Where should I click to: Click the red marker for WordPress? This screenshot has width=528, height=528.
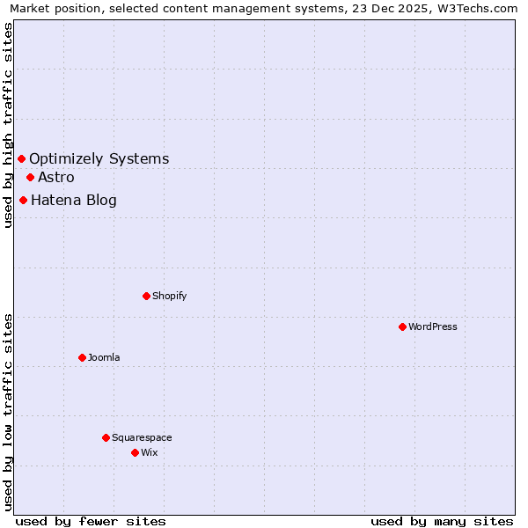(402, 326)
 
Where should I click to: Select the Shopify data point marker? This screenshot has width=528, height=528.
(146, 296)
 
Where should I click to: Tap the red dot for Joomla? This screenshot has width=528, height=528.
(82, 357)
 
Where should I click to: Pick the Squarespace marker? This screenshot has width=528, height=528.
(106, 437)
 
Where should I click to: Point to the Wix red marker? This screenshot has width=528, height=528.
(135, 452)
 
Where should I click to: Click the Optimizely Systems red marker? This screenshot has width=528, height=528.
(22, 158)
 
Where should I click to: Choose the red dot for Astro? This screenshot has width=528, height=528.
(30, 177)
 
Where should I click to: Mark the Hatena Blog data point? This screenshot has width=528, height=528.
(23, 200)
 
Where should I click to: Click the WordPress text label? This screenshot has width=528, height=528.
(433, 326)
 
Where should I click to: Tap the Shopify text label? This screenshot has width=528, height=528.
(170, 296)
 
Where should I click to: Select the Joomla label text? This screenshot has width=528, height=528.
(104, 357)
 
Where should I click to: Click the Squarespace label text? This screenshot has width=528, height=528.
(142, 437)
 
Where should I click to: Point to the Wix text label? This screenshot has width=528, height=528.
(150, 452)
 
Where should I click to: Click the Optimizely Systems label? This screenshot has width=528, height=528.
(99, 158)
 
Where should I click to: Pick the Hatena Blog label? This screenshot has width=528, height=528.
(74, 200)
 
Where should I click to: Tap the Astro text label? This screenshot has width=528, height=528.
(56, 177)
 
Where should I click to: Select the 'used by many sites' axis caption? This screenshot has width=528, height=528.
(442, 521)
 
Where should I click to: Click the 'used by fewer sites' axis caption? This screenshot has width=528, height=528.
(91, 521)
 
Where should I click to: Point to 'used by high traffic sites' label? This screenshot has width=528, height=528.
(8, 125)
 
